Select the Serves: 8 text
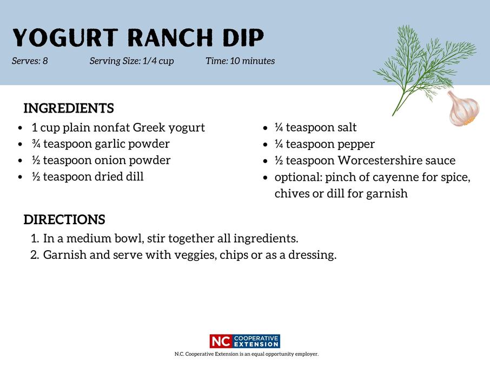tap(30, 61)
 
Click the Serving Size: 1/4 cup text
tap(131, 61)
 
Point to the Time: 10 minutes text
tap(240, 61)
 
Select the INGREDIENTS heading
tap(69, 109)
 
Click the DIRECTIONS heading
tap(64, 220)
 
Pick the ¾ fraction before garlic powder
tap(36, 144)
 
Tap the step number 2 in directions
tap(35, 255)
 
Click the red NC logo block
tap(221, 342)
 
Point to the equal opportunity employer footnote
tap(246, 354)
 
